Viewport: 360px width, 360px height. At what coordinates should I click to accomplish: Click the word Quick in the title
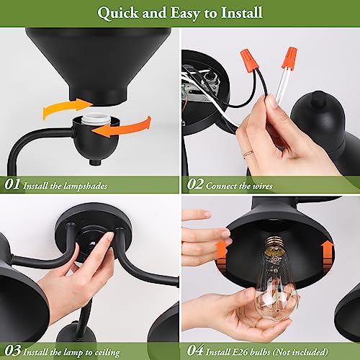[x=117, y=13]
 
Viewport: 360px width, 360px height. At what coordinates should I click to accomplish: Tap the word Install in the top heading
[x=242, y=12]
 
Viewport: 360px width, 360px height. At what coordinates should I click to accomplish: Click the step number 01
[x=12, y=184]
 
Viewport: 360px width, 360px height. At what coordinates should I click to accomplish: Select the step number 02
[x=195, y=184]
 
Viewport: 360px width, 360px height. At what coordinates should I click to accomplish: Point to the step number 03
[x=12, y=351]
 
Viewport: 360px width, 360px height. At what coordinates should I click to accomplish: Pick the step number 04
[x=195, y=351]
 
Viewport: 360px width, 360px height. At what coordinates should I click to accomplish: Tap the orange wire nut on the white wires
[x=289, y=58]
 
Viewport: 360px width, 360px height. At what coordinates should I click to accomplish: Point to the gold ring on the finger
[x=248, y=153]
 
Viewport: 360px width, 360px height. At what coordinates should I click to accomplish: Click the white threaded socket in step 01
[x=96, y=119]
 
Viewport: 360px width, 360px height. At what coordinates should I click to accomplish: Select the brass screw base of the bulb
[x=275, y=247]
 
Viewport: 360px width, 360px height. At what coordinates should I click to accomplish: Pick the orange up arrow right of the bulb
[x=328, y=256]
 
